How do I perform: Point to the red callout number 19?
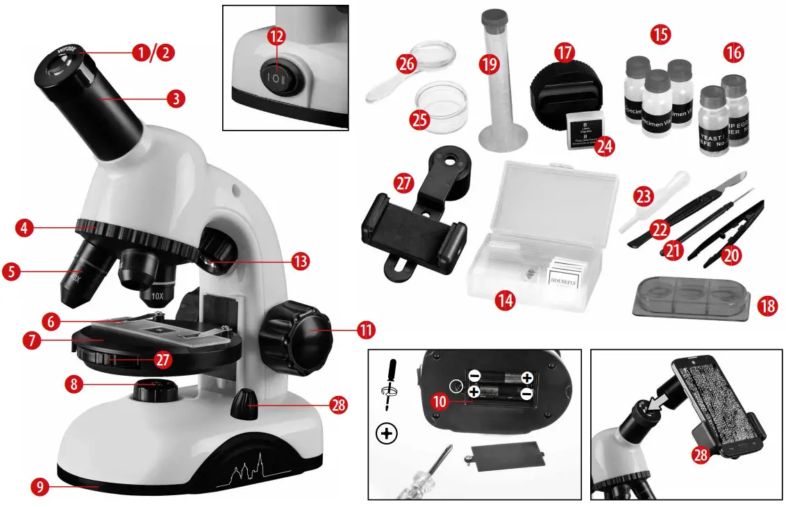(x=489, y=65)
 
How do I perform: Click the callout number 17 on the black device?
(x=565, y=53)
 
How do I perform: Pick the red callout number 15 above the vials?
(x=660, y=34)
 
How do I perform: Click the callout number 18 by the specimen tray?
(x=767, y=306)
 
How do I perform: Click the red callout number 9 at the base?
(x=41, y=487)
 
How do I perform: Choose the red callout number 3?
(x=176, y=99)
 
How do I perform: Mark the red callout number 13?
(x=299, y=262)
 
